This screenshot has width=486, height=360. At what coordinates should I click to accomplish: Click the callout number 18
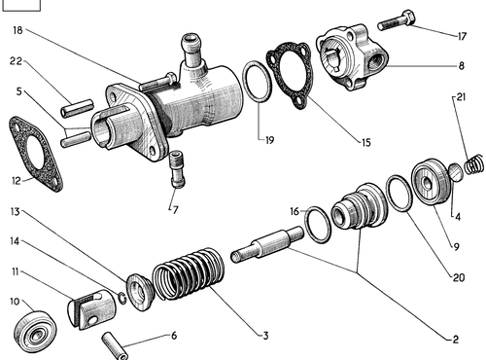point(18,30)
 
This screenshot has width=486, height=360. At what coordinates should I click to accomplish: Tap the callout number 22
point(16,60)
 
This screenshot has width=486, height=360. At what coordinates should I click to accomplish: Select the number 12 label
point(17,181)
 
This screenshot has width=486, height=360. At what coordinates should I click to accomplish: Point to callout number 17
point(462,36)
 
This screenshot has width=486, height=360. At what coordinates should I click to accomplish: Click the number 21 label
point(461,97)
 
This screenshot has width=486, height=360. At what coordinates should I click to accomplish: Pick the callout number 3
point(265,336)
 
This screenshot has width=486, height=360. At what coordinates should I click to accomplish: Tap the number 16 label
point(295,211)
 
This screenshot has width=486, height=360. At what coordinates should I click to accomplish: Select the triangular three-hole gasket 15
point(290,75)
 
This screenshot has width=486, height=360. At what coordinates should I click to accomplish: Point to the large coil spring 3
point(189,274)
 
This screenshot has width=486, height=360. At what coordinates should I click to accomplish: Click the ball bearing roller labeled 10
point(36,331)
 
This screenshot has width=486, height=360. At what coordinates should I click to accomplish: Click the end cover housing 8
point(353,57)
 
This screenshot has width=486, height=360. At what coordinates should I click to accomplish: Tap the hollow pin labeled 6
point(115,345)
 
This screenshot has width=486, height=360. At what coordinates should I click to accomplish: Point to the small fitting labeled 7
point(177,169)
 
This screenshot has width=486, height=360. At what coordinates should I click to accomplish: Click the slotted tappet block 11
point(92,309)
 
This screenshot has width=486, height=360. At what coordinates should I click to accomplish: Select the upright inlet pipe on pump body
point(192,49)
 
